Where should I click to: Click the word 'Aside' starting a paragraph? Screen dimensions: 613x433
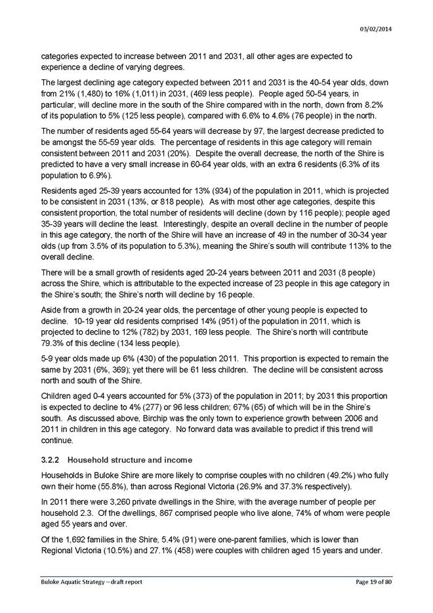pyautogui.click(x=51, y=308)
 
